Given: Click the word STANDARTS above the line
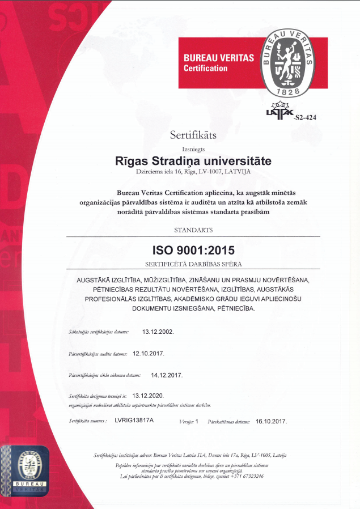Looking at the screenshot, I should (x=193, y=230).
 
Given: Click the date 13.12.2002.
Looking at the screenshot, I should (x=158, y=332).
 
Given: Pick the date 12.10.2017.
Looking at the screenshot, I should (x=149, y=353).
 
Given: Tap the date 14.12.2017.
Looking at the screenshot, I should (x=167, y=375).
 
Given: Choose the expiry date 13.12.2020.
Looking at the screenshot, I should (x=148, y=396).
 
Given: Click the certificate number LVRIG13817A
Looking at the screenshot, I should (x=134, y=421).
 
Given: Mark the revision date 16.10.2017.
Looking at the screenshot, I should (x=271, y=421).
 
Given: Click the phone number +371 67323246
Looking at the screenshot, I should (x=247, y=476).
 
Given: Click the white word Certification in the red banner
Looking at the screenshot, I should (x=205, y=68).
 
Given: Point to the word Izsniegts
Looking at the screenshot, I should (x=193, y=149).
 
